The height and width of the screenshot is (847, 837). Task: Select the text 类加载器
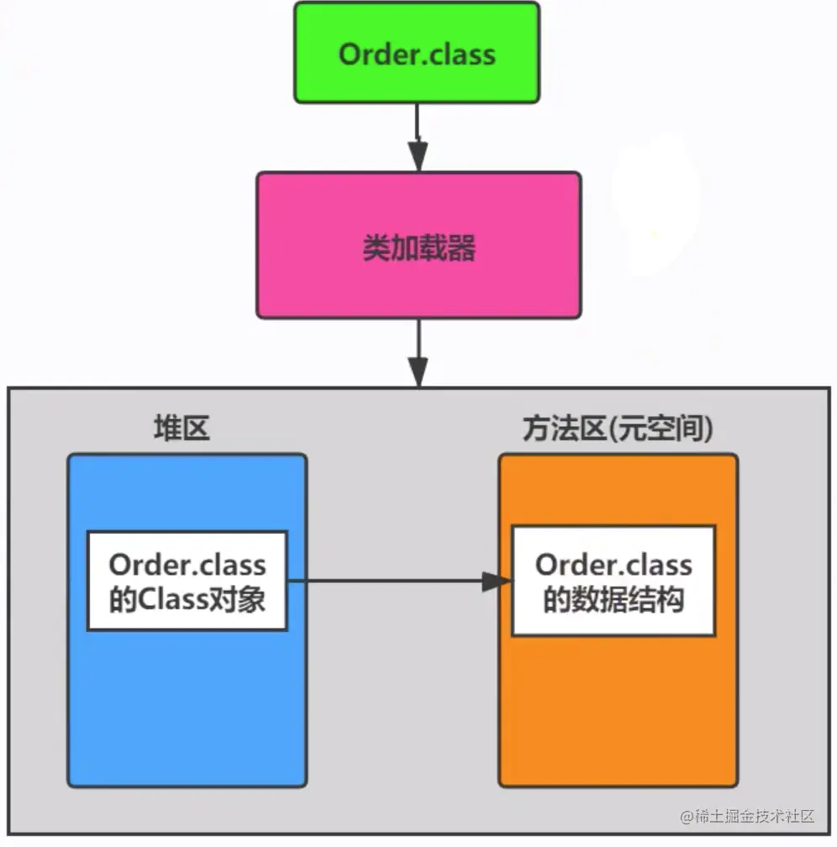[x=419, y=247]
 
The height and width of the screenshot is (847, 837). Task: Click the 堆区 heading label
[x=181, y=429]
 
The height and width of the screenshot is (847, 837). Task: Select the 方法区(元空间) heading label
[x=617, y=429]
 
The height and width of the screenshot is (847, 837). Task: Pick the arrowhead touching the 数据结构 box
[x=497, y=581]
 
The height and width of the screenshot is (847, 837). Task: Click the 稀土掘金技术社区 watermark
[x=747, y=815]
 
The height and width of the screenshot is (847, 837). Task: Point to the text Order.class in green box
[x=417, y=54]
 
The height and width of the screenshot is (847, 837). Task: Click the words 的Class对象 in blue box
[x=187, y=600]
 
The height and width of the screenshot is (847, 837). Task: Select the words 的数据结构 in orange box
[x=613, y=600]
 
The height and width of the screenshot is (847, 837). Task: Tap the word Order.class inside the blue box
[x=187, y=565]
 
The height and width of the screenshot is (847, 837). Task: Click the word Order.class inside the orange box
[x=613, y=565]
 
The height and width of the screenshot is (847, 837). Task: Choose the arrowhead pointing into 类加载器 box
[x=418, y=156]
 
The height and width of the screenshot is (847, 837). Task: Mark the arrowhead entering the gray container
[x=418, y=372]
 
